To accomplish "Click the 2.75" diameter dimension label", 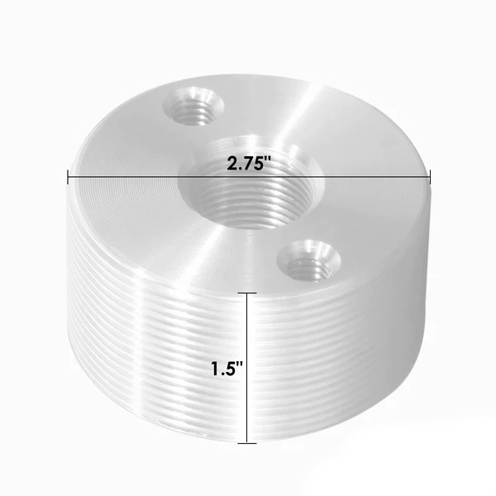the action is click(x=249, y=164).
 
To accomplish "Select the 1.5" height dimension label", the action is click(x=227, y=369).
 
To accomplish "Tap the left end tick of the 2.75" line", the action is click(x=68, y=177).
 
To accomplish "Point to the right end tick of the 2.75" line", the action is click(x=430, y=177).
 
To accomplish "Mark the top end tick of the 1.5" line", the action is click(x=247, y=293).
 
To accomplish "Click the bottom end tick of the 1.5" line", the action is click(x=247, y=443).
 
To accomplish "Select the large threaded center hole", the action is click(x=250, y=187).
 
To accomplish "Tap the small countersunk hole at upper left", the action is click(x=193, y=105).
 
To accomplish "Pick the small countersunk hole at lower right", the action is click(x=308, y=260).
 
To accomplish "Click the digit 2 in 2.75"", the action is click(x=231, y=165).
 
